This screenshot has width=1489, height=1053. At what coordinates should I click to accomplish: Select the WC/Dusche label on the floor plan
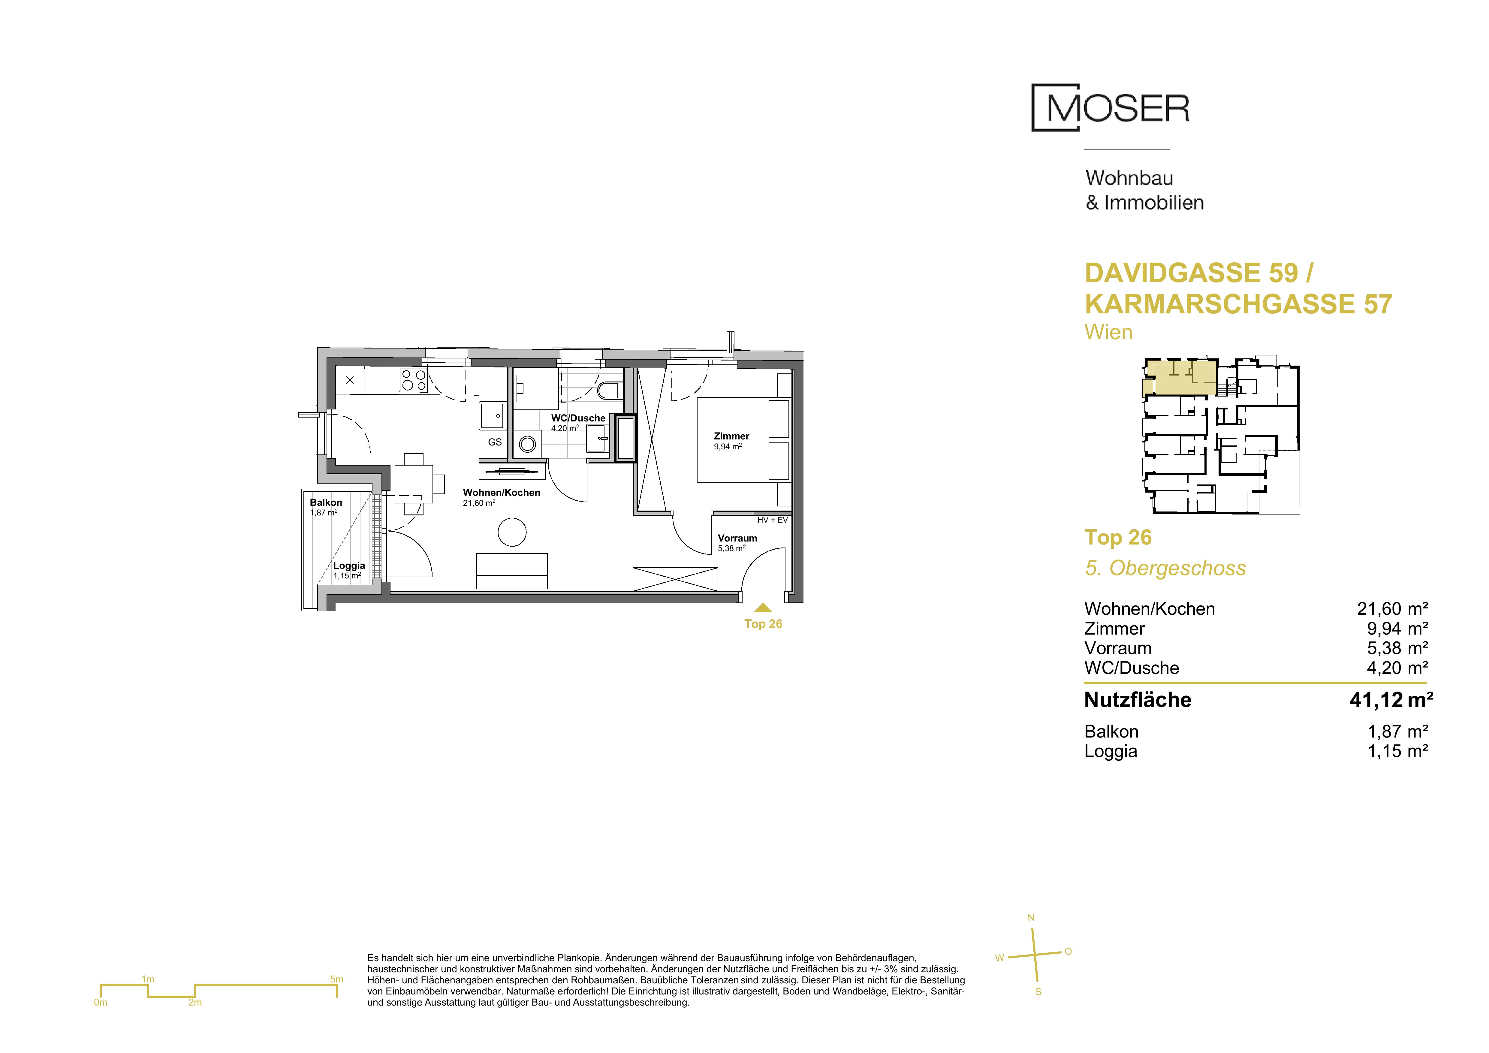tap(578, 418)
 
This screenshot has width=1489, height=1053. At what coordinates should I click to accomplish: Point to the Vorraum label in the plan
tap(737, 538)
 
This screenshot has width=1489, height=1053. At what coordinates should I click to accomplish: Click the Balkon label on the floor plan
tap(326, 502)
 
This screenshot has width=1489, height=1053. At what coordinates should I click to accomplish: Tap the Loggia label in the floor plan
tap(349, 566)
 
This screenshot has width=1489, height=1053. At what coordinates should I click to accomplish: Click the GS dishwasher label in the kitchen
tap(495, 442)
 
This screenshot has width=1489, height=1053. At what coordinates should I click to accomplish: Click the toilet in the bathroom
tap(609, 390)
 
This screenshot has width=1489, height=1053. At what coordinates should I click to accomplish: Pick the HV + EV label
tap(772, 520)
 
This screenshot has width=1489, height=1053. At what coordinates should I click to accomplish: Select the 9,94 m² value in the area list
tap(1397, 628)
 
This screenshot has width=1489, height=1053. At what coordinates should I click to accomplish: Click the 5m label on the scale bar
tap(336, 979)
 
